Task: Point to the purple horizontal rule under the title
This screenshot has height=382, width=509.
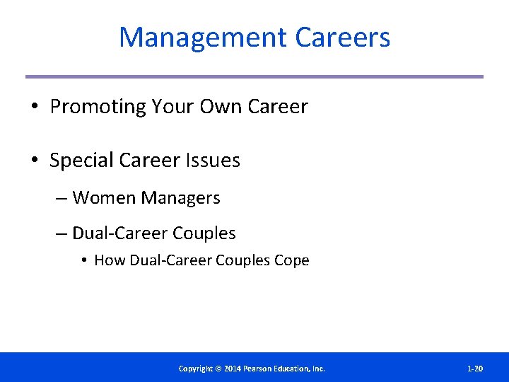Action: pos(255,76)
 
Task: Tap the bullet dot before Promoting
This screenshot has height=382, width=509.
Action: pos(34,108)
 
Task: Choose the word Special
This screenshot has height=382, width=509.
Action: pos(81,161)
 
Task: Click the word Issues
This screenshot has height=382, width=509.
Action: pos(213,161)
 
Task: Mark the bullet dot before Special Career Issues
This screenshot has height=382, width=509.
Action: pos(34,161)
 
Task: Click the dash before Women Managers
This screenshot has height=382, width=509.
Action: pos(62,199)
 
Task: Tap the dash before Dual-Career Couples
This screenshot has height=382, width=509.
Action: pos(62,233)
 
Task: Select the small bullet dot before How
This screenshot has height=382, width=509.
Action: pos(83,261)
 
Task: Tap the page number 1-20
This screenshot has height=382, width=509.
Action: pos(475,369)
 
